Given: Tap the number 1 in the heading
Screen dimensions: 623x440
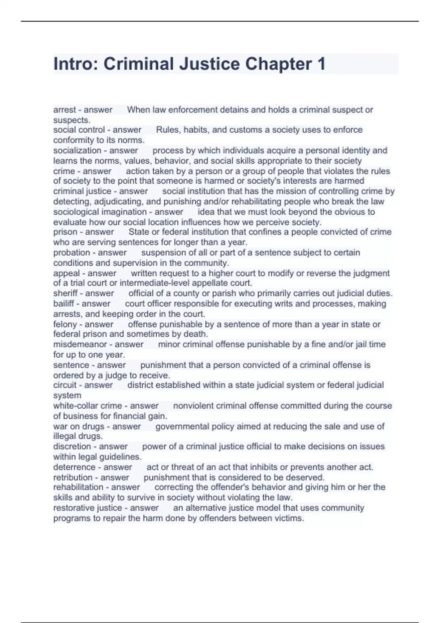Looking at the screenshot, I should [x=321, y=64].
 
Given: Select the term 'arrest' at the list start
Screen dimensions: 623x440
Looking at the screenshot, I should [x=64, y=110].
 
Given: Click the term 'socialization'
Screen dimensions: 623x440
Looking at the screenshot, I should [x=77, y=151].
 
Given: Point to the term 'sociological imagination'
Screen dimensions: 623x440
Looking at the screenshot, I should [x=100, y=212].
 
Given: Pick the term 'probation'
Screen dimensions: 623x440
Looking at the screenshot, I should [x=71, y=252].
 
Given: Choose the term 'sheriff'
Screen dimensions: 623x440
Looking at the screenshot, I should [x=65, y=293].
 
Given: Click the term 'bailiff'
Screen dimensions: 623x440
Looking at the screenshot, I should [x=64, y=303].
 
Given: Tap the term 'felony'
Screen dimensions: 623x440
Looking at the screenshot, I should [x=65, y=324].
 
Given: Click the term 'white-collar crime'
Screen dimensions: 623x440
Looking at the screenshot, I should [x=87, y=406].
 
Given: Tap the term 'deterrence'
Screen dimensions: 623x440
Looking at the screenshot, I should [x=74, y=467].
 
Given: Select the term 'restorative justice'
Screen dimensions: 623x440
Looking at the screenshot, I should [x=87, y=508].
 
